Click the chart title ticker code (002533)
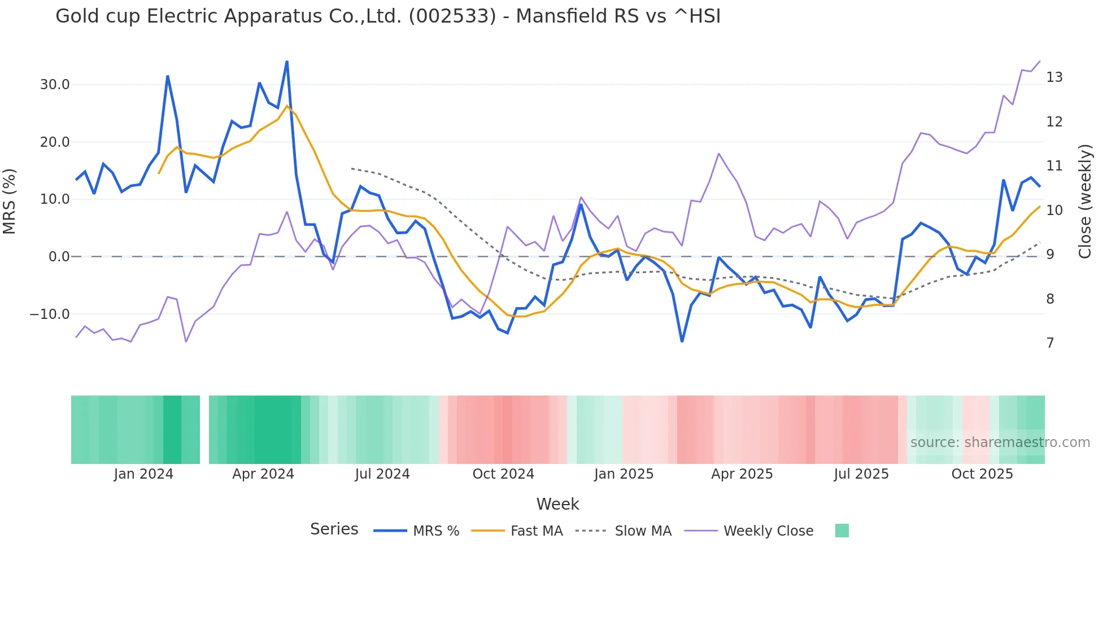pyautogui.click(x=452, y=16)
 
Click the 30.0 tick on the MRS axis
pyautogui.click(x=55, y=85)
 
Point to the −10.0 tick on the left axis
pyautogui.click(x=50, y=314)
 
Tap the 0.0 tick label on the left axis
pyautogui.click(x=59, y=257)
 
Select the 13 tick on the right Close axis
pyautogui.click(x=1054, y=77)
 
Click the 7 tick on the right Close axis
pyautogui.click(x=1050, y=343)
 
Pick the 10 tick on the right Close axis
pyautogui.click(x=1054, y=211)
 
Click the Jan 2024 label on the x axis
pyautogui.click(x=143, y=474)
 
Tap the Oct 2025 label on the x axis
pyautogui.click(x=982, y=474)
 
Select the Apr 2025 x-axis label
pyautogui.click(x=742, y=474)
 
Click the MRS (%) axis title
pyautogui.click(x=10, y=202)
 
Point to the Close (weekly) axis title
pyautogui.click(x=1085, y=202)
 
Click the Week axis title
pyautogui.click(x=557, y=504)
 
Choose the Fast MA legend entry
pyautogui.click(x=536, y=531)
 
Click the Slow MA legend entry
pyautogui.click(x=643, y=531)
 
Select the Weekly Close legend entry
pyautogui.click(x=768, y=531)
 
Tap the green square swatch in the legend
pyautogui.click(x=842, y=531)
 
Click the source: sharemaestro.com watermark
pyautogui.click(x=1000, y=443)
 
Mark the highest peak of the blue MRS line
pyautogui.click(x=287, y=62)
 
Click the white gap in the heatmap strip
pyautogui.click(x=204, y=430)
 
